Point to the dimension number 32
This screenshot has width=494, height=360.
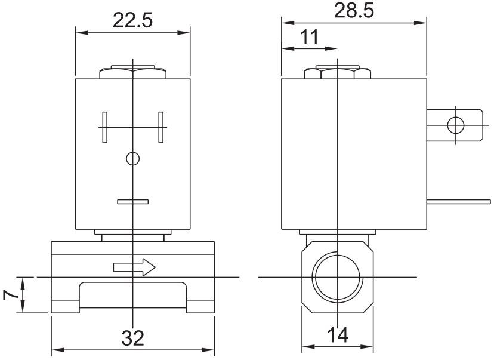pos(132,339)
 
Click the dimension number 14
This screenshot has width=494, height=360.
pos(338,336)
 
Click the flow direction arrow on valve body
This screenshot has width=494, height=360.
pos(134,267)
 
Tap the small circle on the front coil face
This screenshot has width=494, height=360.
pos(132,158)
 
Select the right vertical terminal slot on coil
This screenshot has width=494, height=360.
pos(160,127)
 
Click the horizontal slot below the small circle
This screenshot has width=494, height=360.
pos(132,202)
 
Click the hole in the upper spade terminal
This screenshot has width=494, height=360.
pos(456,125)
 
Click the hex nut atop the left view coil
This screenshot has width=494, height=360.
pos(132,73)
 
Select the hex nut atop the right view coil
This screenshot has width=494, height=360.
pos(338,73)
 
